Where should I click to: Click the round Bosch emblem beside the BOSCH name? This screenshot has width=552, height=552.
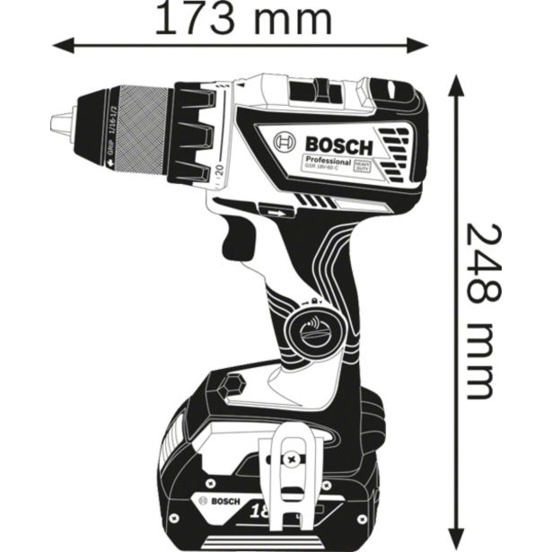click(285, 143)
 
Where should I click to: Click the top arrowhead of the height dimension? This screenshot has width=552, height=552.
click(455, 83)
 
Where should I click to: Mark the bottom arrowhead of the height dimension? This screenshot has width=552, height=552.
click(455, 535)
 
